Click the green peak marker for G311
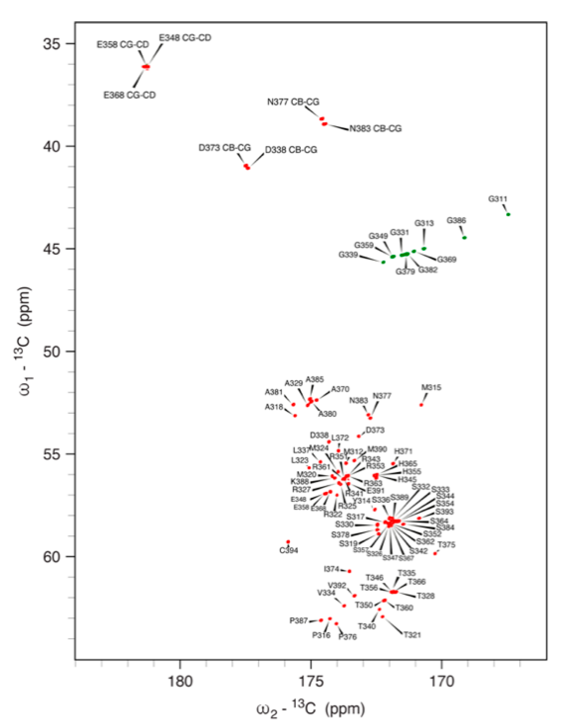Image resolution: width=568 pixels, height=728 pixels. click(x=508, y=215)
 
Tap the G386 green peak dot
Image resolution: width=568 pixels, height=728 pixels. click(x=464, y=238)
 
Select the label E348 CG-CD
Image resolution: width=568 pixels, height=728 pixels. click(x=185, y=38)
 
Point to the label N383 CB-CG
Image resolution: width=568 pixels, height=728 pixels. click(x=375, y=129)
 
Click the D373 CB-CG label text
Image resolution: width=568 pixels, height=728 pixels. click(x=225, y=148)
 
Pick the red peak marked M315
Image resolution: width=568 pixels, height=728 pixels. click(x=421, y=405)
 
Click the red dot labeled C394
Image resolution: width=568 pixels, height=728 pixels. click(x=288, y=542)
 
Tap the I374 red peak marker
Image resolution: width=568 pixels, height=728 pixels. click(x=350, y=571)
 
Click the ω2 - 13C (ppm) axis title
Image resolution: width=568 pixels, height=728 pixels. click(x=311, y=709)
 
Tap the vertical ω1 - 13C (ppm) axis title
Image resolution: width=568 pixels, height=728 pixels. click(x=25, y=341)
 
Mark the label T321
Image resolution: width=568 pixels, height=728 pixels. click(x=412, y=635)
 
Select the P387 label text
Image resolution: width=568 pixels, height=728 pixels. click(x=299, y=621)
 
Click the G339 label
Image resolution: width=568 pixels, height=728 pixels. click(x=348, y=255)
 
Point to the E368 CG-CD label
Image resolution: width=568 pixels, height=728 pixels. click(x=129, y=95)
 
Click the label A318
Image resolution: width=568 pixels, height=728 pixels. click(x=274, y=407)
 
